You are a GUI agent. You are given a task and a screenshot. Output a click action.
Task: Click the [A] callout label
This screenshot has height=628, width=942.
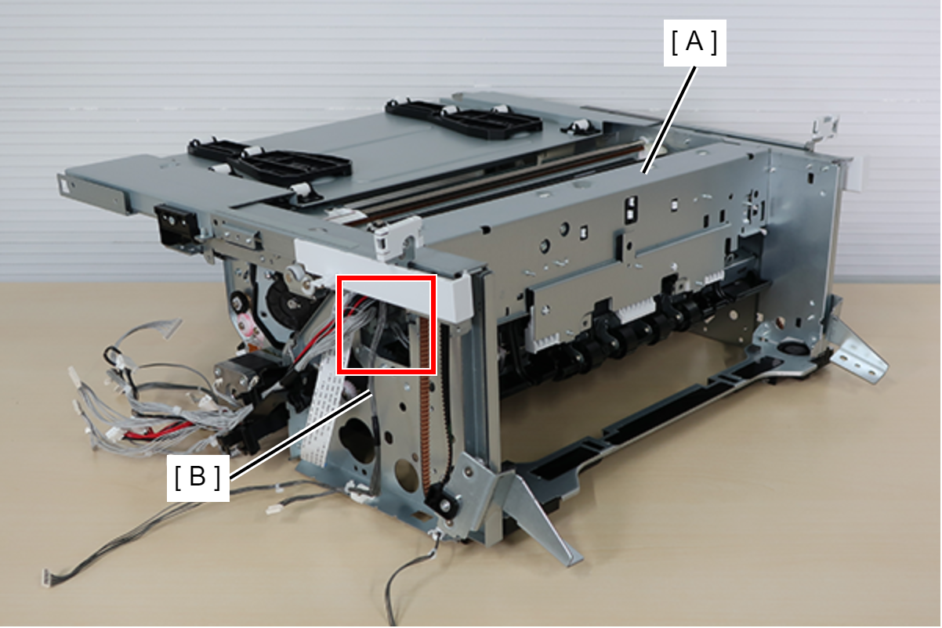(x=694, y=42)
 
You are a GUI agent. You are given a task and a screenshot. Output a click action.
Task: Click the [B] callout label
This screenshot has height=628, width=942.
(x=197, y=478)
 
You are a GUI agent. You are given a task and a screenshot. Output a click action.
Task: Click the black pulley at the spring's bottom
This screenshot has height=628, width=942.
(x=441, y=501)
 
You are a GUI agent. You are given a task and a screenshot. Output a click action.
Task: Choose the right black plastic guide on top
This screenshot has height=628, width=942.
(x=462, y=117)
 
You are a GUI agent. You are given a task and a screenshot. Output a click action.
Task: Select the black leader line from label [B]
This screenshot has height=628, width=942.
(x=301, y=435)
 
